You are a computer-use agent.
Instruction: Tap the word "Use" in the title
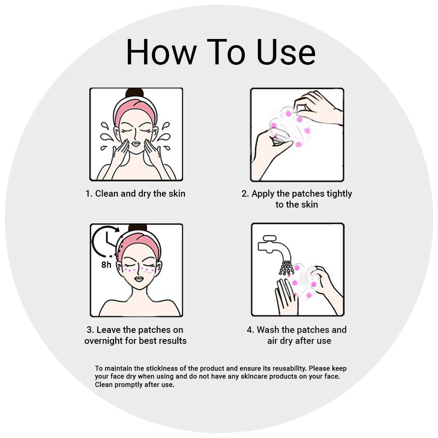pos(286,52)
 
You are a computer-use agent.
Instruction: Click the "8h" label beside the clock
pos(106,265)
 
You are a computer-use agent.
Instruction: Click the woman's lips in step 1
pos(136,144)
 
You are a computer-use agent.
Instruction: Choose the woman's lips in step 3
pos(139,279)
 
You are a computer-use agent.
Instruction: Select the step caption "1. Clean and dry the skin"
pos(135,194)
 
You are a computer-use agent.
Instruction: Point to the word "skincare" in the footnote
pos(254,376)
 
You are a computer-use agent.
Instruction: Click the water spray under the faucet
pos(286,268)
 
